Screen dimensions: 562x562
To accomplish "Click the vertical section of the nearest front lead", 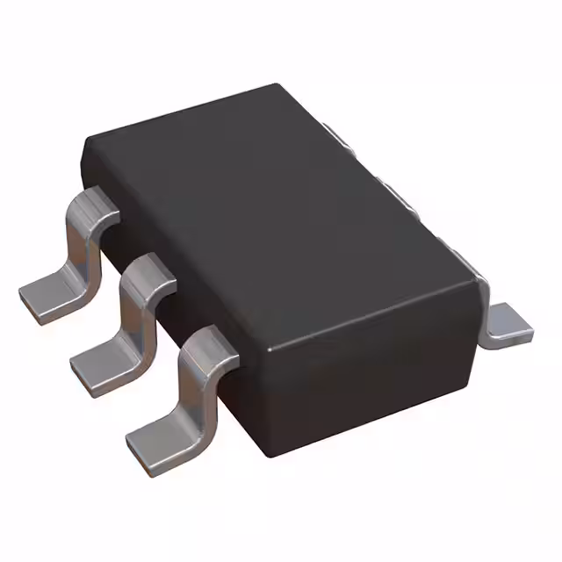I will (x=193, y=386).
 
